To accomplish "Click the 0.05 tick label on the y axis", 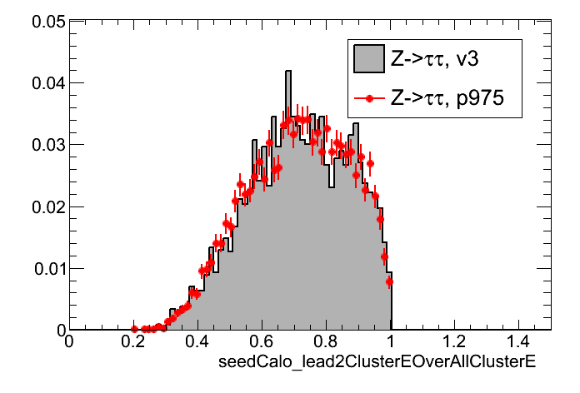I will click(x=46, y=22).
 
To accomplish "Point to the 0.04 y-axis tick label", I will click(x=46, y=83).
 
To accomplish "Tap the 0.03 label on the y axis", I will click(x=46, y=145).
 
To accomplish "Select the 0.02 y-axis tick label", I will click(x=46, y=206).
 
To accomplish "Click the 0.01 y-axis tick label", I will click(x=46, y=268).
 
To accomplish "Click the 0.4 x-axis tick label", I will click(x=197, y=342).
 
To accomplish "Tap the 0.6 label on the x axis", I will click(x=262, y=342).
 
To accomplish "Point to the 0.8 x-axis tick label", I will click(x=326, y=342).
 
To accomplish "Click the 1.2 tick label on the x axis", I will click(x=454, y=342).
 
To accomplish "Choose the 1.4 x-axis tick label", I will click(x=518, y=342).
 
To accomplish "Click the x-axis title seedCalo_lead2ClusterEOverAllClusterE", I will click(x=375, y=363).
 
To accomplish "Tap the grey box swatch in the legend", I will click(x=367, y=58).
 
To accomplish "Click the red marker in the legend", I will click(x=367, y=98).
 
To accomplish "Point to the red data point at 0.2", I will click(x=134, y=329).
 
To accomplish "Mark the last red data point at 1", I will click(x=389, y=281).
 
